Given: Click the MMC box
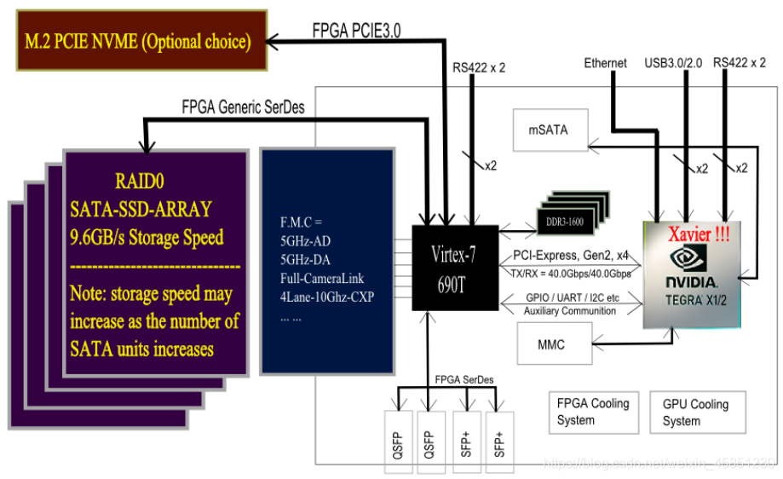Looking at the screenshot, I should (552, 345).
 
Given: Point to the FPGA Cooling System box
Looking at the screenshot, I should (592, 411).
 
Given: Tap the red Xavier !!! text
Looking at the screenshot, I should (698, 233).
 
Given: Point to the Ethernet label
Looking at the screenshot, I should (605, 62).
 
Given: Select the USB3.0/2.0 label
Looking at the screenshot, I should (674, 62).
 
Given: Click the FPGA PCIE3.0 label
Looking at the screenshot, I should (356, 30).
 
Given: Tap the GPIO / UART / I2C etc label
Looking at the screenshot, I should (572, 298).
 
